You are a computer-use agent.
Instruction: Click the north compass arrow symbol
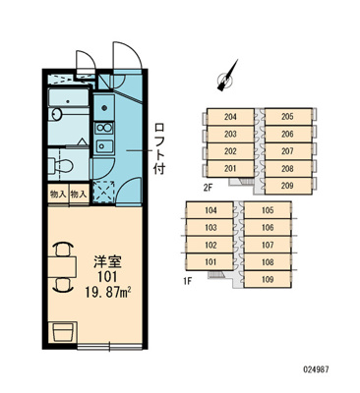tap(227, 76)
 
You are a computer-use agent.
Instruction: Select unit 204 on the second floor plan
tap(230, 117)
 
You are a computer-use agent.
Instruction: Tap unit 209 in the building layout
tap(287, 186)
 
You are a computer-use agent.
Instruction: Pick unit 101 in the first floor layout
tap(210, 262)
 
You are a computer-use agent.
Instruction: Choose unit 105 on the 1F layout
tap(268, 210)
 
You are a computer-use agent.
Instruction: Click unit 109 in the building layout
tap(268, 280)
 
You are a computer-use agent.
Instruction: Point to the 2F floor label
tap(209, 188)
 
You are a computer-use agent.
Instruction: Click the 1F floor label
tap(187, 281)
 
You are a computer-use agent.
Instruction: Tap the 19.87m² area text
tap(108, 292)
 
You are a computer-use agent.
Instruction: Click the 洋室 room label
tap(107, 262)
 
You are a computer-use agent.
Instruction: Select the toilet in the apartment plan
tap(62, 164)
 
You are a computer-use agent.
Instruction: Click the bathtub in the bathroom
tap(69, 97)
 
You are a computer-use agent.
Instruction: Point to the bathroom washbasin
tap(56, 115)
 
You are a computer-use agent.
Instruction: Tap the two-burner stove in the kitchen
tap(104, 127)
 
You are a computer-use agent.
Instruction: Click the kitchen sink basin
tap(104, 145)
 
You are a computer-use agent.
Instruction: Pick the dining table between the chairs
tap(62, 267)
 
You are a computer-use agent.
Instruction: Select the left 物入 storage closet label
tap(58, 195)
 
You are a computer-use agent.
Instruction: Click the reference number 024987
tap(315, 369)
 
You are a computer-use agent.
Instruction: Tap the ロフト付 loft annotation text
tap(159, 148)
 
